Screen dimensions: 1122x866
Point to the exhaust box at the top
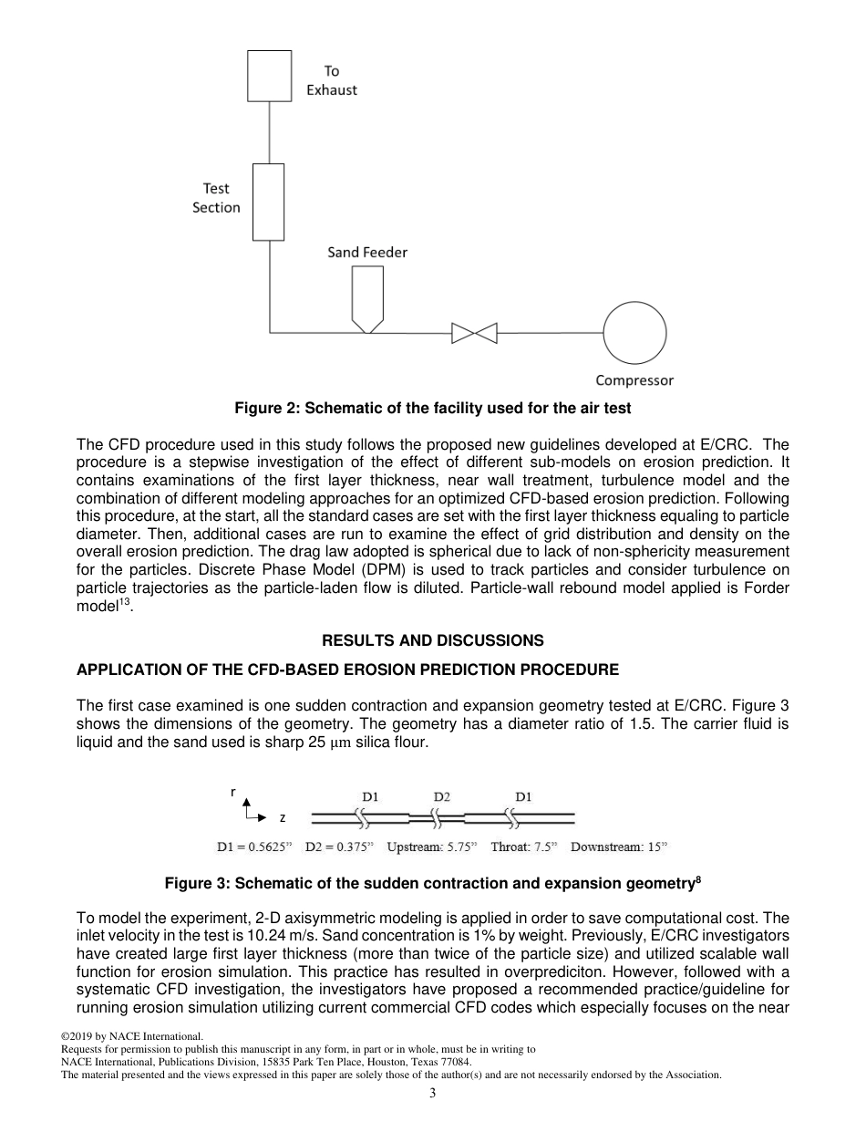(269, 76)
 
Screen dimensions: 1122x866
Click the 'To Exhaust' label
(331, 80)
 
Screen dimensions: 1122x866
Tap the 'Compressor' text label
(634, 380)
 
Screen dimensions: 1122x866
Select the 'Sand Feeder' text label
(367, 252)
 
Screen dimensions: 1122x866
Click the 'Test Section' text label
(216, 198)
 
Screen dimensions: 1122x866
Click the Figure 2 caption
(433, 408)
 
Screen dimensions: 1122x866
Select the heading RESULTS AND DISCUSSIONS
(433, 640)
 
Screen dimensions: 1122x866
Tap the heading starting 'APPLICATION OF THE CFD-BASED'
(347, 670)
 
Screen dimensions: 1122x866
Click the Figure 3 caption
(433, 883)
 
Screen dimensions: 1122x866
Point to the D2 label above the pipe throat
(442, 796)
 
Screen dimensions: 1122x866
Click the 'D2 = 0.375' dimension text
(338, 847)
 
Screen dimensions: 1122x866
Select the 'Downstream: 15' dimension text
(619, 847)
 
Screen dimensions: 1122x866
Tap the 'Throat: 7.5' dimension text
(523, 847)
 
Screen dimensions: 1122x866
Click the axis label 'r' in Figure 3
(233, 793)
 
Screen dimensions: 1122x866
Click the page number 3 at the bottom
(433, 1094)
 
